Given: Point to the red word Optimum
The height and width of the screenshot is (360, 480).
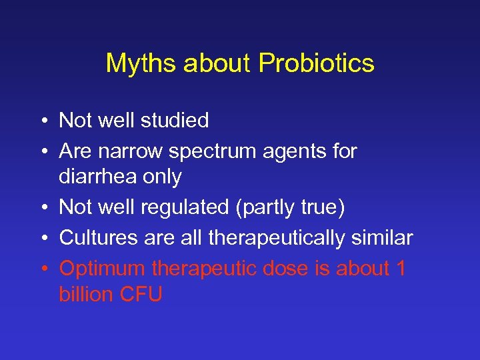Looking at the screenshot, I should (103, 268).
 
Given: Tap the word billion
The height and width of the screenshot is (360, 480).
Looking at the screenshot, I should (86, 295).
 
